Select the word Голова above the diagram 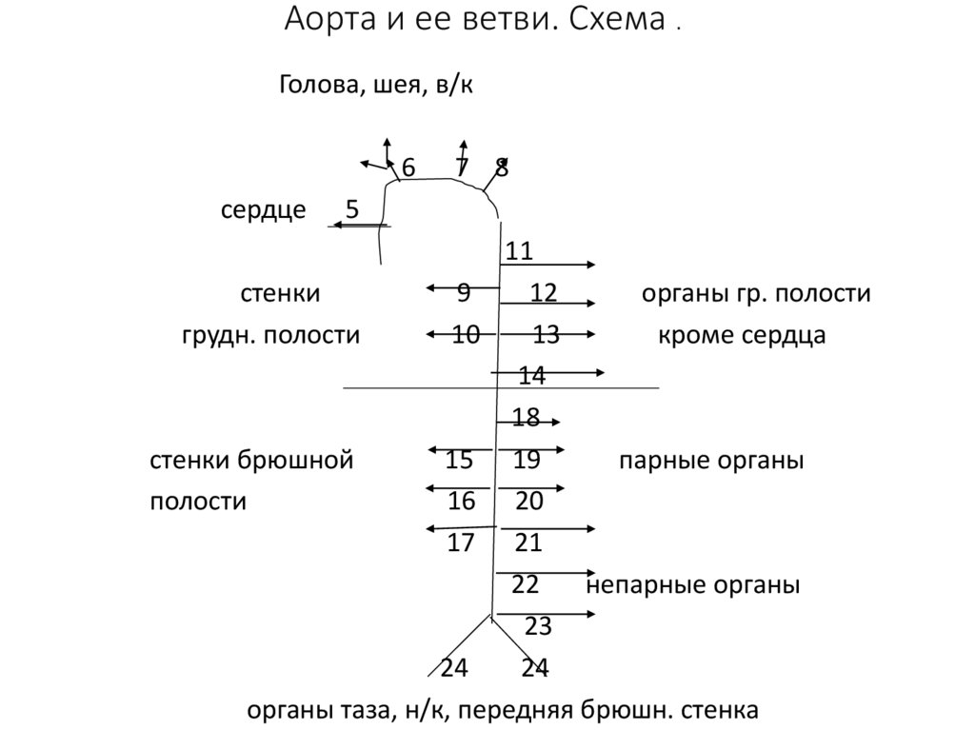318,86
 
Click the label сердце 263,210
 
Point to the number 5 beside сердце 352,210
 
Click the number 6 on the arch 408,168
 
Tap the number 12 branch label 544,293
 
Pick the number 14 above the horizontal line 531,377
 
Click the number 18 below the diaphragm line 526,418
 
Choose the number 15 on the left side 459,462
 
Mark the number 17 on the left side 461,543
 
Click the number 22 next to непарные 526,584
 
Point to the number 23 538,626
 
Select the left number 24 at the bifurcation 454,668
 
